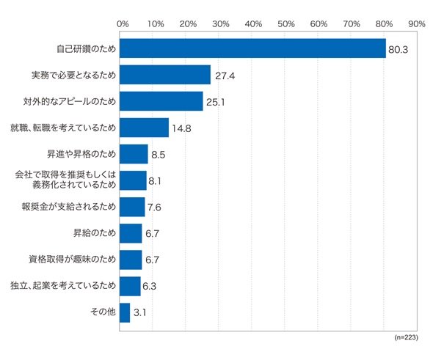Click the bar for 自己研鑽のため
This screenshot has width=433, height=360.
252,48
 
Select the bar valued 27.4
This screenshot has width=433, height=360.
165,75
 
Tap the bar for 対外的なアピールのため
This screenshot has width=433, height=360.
161,101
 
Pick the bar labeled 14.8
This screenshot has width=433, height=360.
144,128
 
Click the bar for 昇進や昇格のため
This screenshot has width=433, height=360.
134,154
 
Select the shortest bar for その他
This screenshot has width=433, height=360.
125,313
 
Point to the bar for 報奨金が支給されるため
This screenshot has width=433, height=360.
132,207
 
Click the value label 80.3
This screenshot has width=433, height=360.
398,50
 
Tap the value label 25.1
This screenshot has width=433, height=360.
215,103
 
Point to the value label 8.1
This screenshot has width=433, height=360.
155,181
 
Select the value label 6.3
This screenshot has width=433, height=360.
150,287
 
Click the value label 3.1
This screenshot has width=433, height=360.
139,313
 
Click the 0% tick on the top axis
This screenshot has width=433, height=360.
123,24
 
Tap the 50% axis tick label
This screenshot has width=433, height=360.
285,24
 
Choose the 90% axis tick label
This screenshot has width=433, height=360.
417,24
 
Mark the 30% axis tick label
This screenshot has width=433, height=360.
220,24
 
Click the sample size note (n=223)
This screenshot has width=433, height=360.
406,337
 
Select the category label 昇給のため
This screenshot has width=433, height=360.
95,233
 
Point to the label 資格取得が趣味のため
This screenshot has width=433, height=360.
73,260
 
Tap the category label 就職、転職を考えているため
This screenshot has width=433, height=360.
63,128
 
